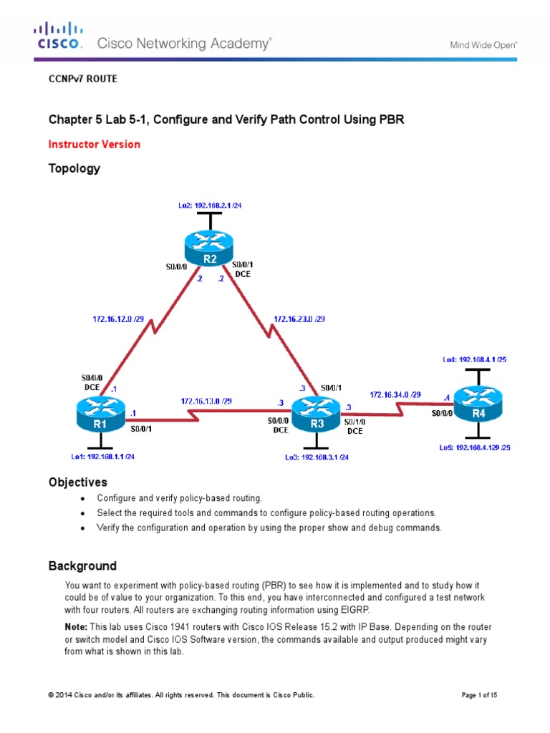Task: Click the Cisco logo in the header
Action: [x=59, y=36]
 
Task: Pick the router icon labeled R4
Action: [x=478, y=404]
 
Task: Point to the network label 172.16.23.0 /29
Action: [x=299, y=319]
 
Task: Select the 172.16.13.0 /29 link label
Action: [x=207, y=401]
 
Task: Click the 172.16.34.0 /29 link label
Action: [x=395, y=394]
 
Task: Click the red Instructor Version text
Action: [x=94, y=145]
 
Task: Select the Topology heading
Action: [x=74, y=169]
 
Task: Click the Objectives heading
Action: [x=77, y=482]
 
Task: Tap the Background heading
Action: [x=82, y=566]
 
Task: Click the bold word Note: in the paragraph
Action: [x=76, y=626]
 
